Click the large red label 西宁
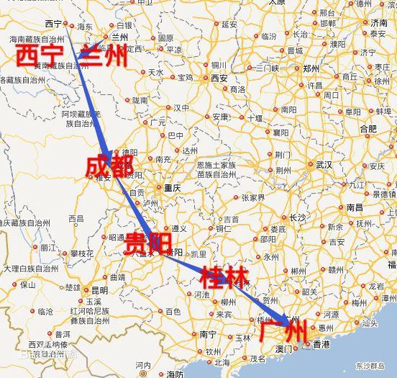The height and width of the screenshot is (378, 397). tap(37, 55)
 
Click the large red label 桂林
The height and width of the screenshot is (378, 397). tap(224, 276)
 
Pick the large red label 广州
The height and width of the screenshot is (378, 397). tap(286, 333)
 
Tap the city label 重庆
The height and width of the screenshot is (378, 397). tap(173, 187)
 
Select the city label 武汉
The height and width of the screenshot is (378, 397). tap(324, 165)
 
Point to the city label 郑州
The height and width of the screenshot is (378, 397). tap(311, 68)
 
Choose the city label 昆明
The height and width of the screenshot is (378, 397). tap(99, 290)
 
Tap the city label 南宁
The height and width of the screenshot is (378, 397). tap(209, 334)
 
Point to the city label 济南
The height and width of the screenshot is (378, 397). tap(379, 23)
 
